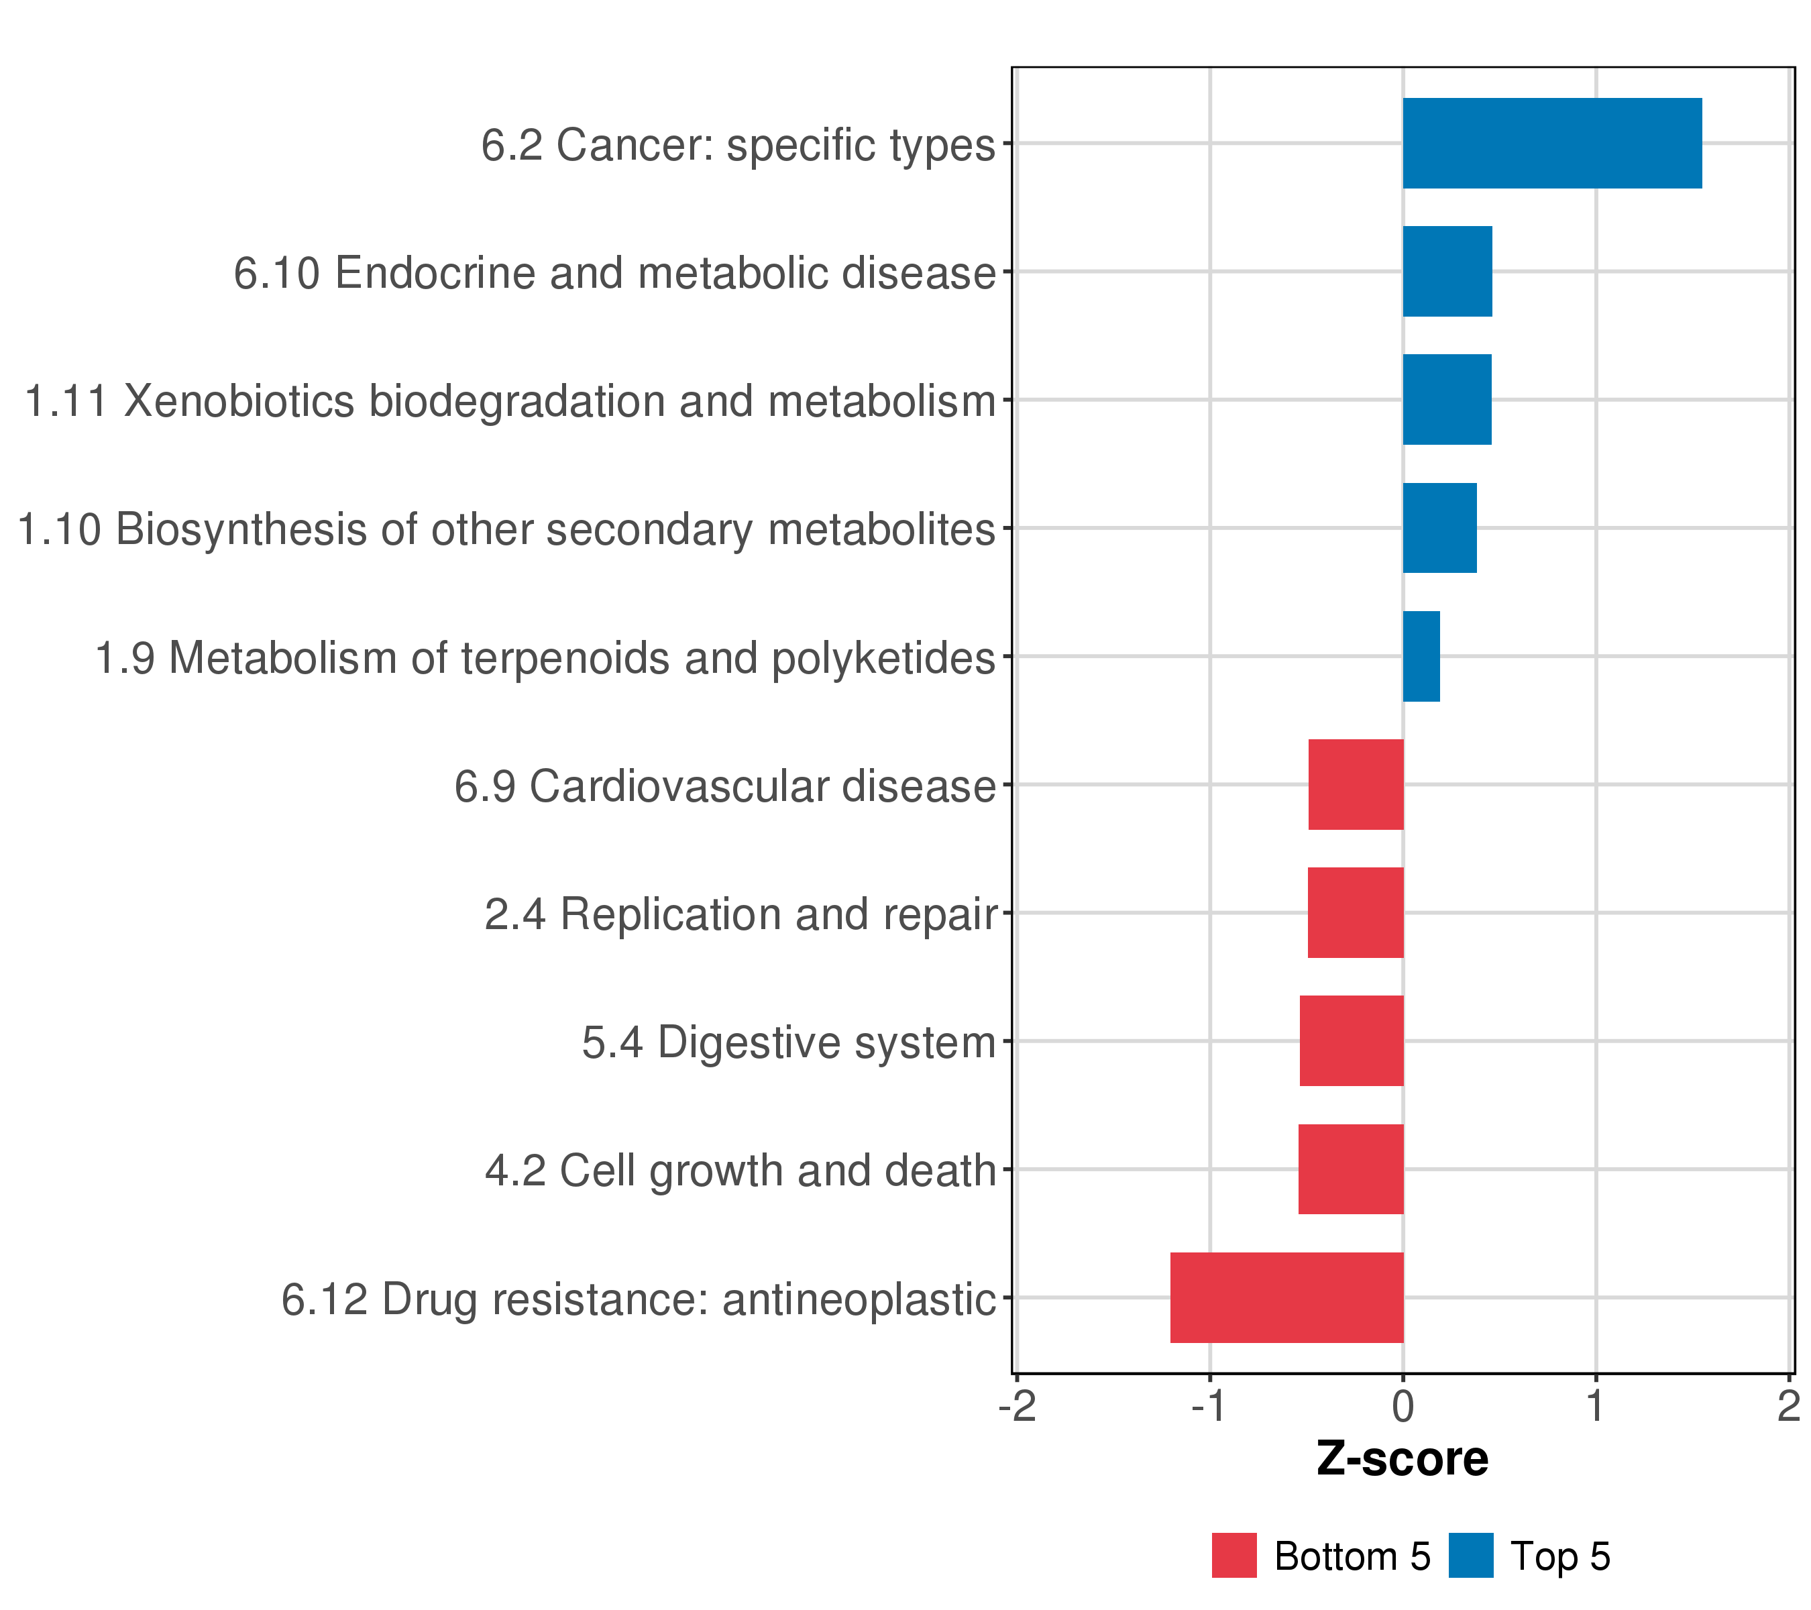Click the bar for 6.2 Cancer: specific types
tap(1551, 144)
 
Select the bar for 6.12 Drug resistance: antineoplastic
tap(1286, 1297)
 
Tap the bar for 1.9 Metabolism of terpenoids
tap(1421, 657)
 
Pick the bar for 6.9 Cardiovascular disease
tap(1356, 784)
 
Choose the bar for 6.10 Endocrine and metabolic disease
tap(1447, 271)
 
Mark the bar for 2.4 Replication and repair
tap(1356, 912)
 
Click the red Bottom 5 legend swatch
tap(1234, 1555)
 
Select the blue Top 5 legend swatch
tap(1471, 1555)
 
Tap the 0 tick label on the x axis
tap(1403, 1406)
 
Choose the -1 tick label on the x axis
tap(1209, 1406)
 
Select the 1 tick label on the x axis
tap(1595, 1406)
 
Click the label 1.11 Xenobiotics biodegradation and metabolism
tap(510, 401)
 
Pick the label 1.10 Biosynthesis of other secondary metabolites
tap(506, 530)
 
